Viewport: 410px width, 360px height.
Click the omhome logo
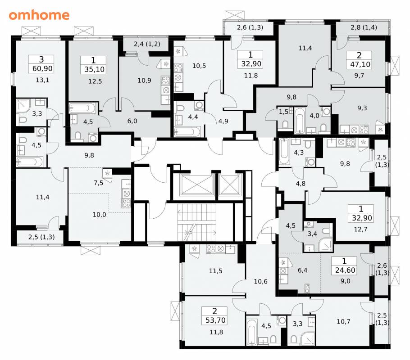(x=39, y=15)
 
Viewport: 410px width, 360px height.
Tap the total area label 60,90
(x=42, y=69)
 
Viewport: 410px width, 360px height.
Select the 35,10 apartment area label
(x=95, y=69)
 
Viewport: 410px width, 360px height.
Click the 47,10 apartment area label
(x=360, y=64)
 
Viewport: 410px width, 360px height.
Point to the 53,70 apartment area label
(x=215, y=320)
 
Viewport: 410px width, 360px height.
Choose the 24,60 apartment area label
(x=345, y=270)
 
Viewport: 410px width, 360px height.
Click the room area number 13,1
(x=42, y=80)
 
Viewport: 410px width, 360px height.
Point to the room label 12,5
(x=95, y=81)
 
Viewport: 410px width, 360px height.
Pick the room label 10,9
(x=144, y=81)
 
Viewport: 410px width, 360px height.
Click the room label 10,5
(x=199, y=66)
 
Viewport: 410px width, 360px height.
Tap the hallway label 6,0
(x=132, y=121)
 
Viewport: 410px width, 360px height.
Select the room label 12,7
(x=360, y=229)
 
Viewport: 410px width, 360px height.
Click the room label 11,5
(x=215, y=271)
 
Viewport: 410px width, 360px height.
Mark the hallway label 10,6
(x=261, y=282)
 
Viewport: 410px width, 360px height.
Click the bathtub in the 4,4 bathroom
(x=187, y=132)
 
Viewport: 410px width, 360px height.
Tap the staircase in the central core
(x=197, y=222)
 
